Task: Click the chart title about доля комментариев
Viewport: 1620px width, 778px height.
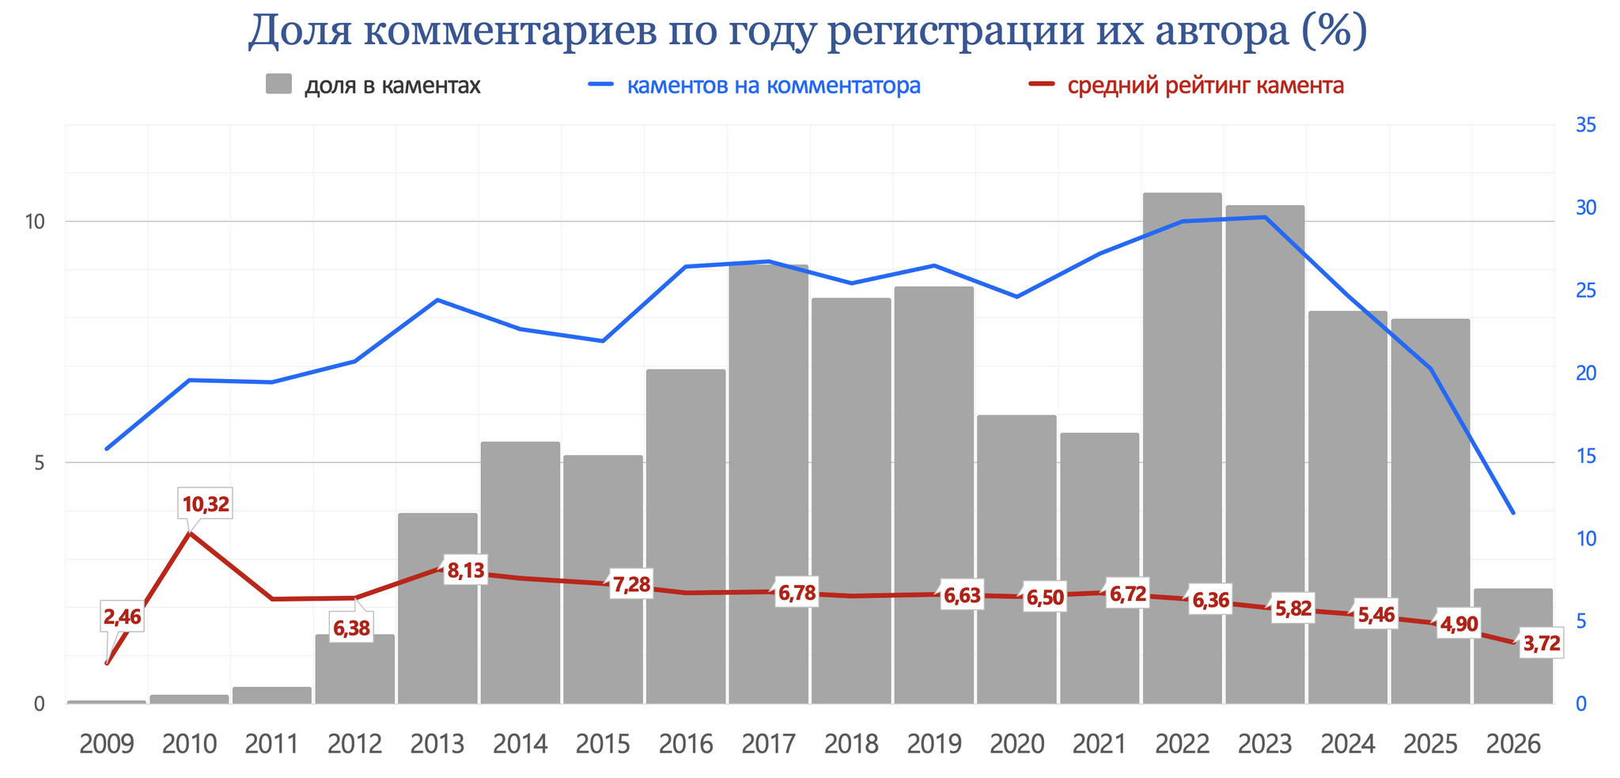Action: pos(807,32)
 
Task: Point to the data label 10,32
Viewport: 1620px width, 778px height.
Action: pos(206,504)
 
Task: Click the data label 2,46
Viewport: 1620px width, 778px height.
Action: pos(122,617)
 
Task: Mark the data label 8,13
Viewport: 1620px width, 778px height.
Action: pos(465,570)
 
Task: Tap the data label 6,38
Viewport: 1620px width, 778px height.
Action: pos(351,629)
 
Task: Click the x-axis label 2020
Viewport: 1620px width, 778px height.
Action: pos(1016,745)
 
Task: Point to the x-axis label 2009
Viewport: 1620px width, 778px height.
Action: pos(107,745)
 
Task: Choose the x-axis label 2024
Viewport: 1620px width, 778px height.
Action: pos(1347,745)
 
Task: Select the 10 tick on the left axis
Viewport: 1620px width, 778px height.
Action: pos(33,222)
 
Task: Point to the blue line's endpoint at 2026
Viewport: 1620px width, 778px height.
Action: pos(1512,513)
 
